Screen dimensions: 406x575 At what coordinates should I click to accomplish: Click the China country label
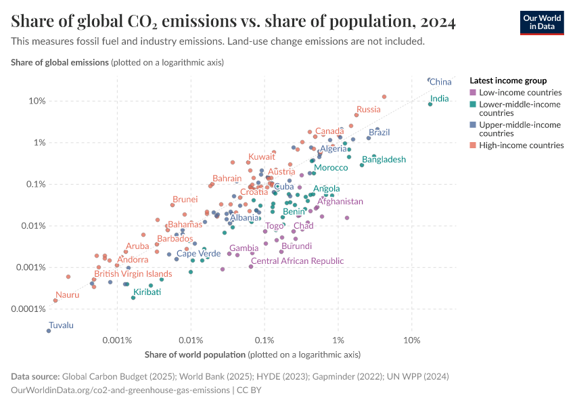[441, 82]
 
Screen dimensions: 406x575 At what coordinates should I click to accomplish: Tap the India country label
[439, 99]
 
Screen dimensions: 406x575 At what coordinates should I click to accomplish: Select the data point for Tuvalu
[49, 330]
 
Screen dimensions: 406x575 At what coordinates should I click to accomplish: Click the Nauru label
[68, 294]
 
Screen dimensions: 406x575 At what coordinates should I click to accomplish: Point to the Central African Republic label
[297, 261]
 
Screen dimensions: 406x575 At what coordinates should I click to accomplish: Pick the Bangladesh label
[384, 160]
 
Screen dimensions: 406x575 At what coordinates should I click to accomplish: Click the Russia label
[369, 110]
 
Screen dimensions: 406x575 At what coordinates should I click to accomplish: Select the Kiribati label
[147, 292]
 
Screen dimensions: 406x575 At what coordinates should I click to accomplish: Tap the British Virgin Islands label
[133, 274]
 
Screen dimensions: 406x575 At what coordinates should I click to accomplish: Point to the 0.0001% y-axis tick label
[28, 309]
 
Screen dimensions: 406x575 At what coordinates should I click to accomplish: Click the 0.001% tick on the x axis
[117, 339]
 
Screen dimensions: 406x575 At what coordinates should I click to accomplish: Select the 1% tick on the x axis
[338, 339]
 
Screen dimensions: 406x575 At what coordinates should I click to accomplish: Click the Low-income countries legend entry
[520, 92]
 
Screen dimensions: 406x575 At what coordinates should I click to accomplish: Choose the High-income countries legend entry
[521, 145]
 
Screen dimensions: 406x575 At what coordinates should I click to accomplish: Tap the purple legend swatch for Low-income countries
[473, 92]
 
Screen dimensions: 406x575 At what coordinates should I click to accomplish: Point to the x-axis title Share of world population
[195, 355]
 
